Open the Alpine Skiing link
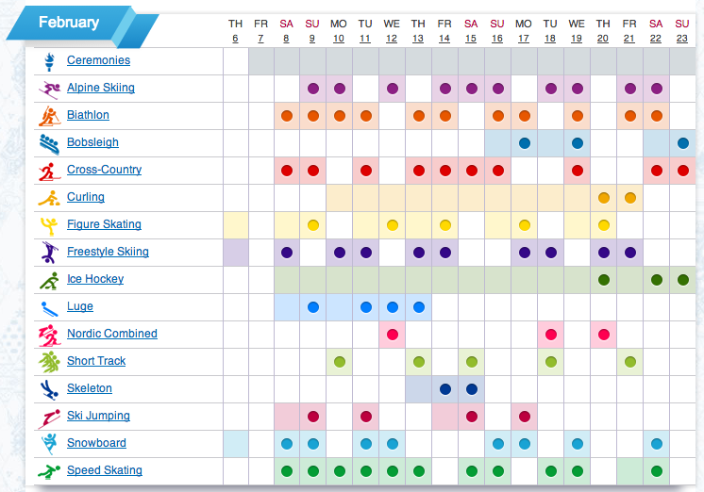pyautogui.click(x=100, y=88)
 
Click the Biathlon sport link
pyautogui.click(x=88, y=115)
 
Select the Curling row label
pyautogui.click(x=85, y=197)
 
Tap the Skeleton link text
pyautogui.click(x=89, y=388)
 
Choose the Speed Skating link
pyautogui.click(x=104, y=470)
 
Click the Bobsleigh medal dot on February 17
pyautogui.click(x=524, y=143)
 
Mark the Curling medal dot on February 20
pyautogui.click(x=603, y=198)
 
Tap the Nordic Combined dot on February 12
pyautogui.click(x=392, y=335)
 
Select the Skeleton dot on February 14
pyautogui.click(x=444, y=389)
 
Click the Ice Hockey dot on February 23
pyautogui.click(x=682, y=280)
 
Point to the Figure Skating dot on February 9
pyautogui.click(x=312, y=225)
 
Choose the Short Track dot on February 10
pyautogui.click(x=339, y=362)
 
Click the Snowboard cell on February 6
pyautogui.click(x=236, y=444)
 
